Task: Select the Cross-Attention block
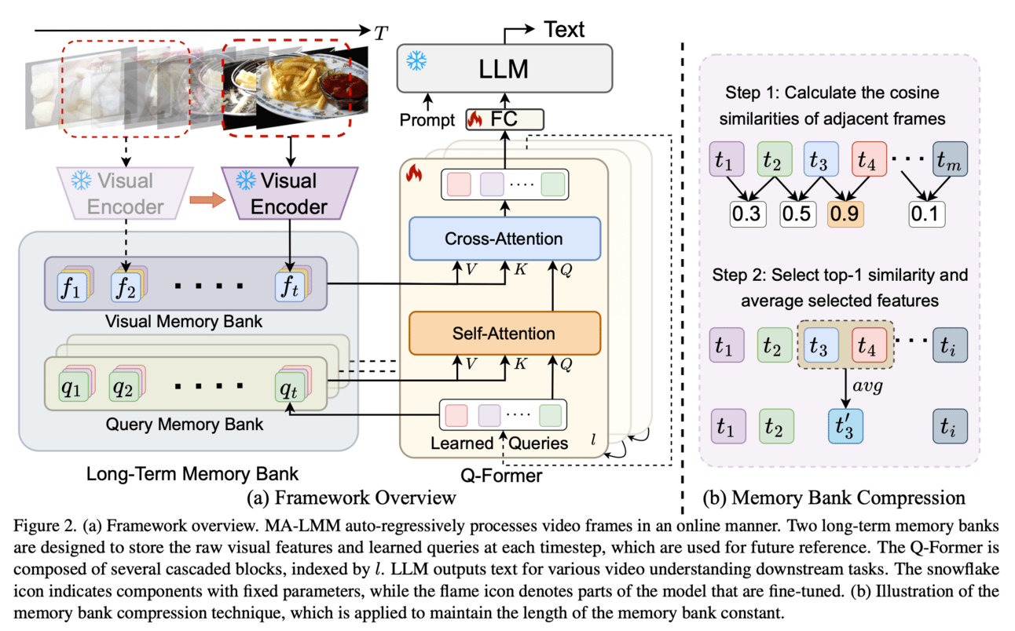point(504,239)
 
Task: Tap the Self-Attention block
point(504,334)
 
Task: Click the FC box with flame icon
point(505,119)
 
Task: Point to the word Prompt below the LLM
point(427,121)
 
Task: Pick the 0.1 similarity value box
point(927,213)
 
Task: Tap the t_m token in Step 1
point(950,162)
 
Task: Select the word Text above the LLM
point(565,30)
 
